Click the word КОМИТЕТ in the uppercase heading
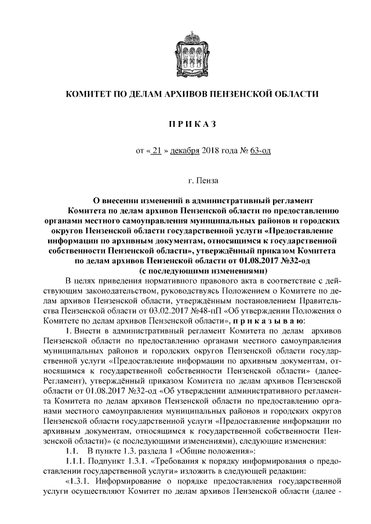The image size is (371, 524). (88, 94)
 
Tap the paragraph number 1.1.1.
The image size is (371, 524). (75, 461)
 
